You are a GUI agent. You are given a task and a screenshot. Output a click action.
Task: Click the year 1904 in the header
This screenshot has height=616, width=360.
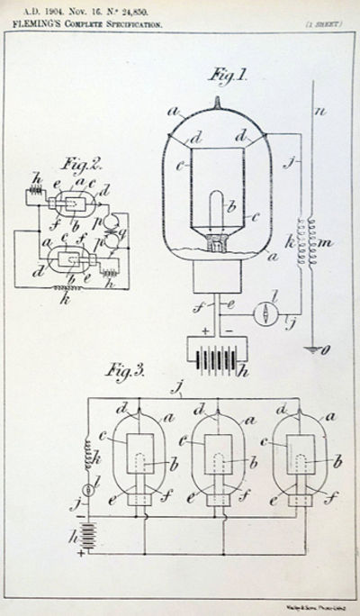tap(59, 13)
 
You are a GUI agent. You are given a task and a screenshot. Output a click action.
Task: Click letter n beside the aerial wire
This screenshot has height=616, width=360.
tap(320, 113)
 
